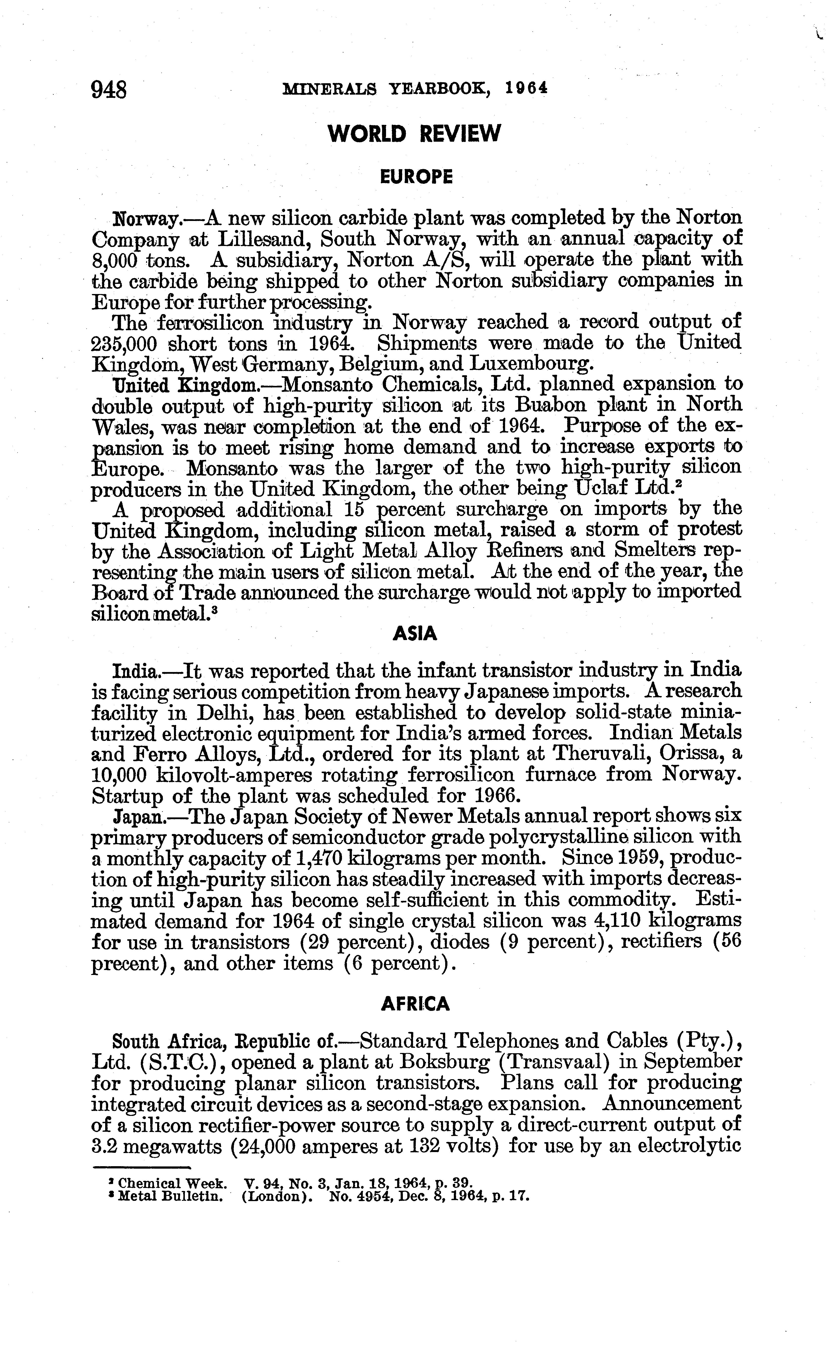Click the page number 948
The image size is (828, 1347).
tap(110, 89)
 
